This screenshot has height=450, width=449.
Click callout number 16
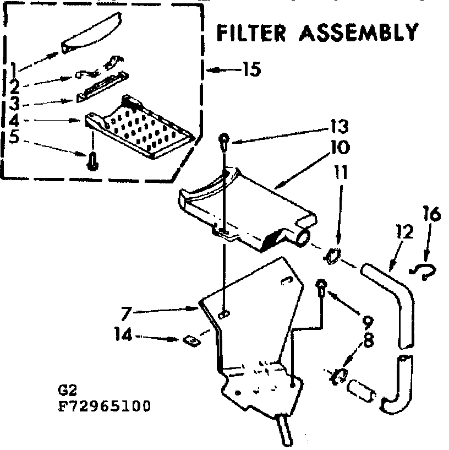tap(432, 213)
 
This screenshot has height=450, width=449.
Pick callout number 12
tap(404, 232)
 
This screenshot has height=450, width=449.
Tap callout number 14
tap(123, 335)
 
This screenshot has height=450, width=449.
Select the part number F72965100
tap(104, 407)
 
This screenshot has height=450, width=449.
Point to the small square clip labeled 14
tap(191, 340)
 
